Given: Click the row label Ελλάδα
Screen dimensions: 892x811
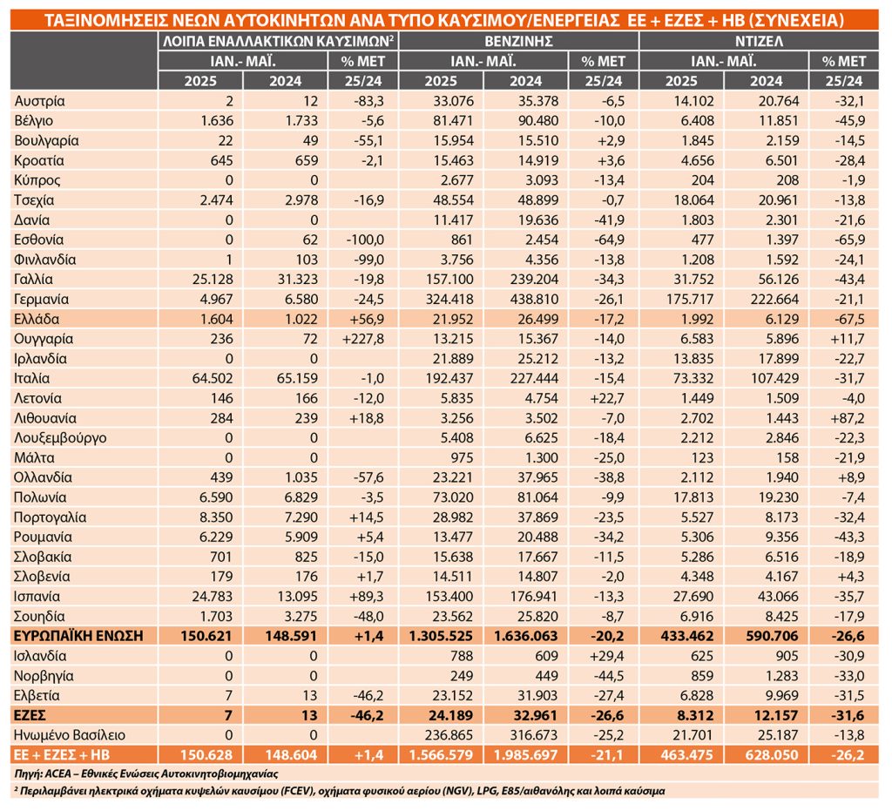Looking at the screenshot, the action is click(37, 319).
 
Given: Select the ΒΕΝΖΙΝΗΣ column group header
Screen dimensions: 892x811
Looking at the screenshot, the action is click(518, 41).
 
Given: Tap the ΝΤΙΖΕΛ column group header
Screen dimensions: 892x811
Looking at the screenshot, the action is click(759, 41).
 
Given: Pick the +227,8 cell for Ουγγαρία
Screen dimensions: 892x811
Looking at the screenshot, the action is click(363, 339).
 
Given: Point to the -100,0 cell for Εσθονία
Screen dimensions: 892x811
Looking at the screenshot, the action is click(365, 240).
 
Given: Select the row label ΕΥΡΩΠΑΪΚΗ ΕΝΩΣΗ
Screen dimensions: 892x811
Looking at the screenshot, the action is click(78, 636).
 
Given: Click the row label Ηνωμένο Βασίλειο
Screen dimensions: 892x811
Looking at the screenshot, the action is click(70, 735).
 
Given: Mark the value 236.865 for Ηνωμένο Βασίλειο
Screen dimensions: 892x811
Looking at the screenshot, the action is click(449, 735).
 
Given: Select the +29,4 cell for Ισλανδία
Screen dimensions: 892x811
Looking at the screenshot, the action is click(606, 656).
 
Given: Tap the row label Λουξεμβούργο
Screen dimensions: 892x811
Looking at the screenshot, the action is click(60, 438).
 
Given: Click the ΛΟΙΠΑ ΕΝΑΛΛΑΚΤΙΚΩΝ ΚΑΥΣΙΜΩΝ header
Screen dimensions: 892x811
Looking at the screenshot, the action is click(279, 41).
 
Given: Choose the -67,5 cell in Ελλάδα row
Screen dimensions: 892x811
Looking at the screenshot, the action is click(848, 319).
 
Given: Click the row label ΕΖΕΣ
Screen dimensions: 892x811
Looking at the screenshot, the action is click(30, 715).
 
